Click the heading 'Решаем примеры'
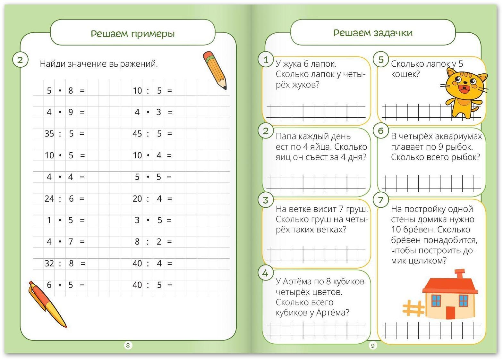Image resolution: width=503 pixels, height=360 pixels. click(132, 34)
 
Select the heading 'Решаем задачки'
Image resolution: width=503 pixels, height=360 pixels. click(373, 33)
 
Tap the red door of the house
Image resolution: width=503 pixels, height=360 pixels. click(450, 313)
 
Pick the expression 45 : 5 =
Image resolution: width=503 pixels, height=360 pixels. click(152, 134)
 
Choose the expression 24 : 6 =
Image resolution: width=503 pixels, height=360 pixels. click(64, 199)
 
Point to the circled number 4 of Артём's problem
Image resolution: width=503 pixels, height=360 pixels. click(265, 273)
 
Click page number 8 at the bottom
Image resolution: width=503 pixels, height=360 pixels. click(128, 345)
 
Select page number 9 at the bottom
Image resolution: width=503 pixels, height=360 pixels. click(372, 346)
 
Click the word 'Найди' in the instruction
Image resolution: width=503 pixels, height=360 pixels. click(52, 64)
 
